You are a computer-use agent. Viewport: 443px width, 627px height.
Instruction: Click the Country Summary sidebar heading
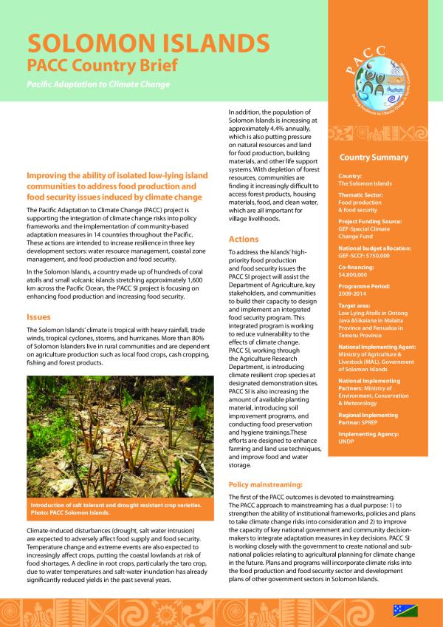pyautogui.click(x=373, y=157)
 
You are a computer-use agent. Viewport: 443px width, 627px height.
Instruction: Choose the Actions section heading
pyautogui.click(x=244, y=240)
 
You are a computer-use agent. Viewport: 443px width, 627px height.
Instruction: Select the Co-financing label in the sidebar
pyautogui.click(x=357, y=265)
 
